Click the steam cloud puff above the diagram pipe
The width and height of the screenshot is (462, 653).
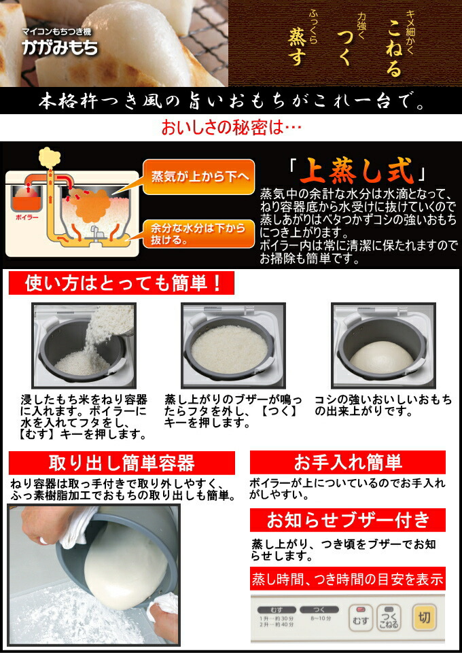50,158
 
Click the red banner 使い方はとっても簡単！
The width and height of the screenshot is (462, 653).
121,283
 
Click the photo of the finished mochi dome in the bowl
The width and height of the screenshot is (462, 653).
381,345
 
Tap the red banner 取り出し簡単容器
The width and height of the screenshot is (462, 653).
122,463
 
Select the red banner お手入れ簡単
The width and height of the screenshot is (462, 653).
347,463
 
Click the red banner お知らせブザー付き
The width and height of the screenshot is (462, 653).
347,520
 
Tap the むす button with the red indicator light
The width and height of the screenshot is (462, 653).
361,618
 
